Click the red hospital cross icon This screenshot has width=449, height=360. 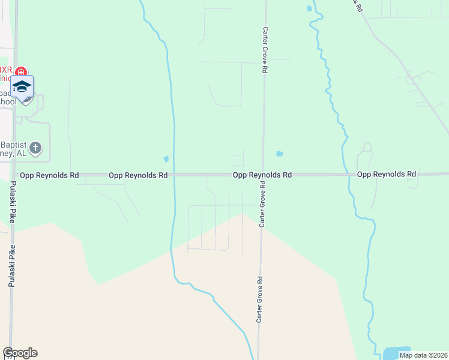click(21, 72)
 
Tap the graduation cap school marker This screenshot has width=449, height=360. click(22, 87)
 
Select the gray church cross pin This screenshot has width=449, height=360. click(35, 147)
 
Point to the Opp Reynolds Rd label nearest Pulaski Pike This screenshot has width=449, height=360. click(49, 175)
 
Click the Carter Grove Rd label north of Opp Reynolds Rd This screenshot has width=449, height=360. click(264, 50)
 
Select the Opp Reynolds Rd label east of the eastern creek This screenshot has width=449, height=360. click(386, 174)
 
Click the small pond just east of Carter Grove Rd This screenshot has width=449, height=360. click(279, 154)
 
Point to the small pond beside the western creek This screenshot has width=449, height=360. click(166, 159)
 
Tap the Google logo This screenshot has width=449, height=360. click(20, 353)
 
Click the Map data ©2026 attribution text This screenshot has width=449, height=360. click(423, 355)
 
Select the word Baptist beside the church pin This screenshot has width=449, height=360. click(14, 145)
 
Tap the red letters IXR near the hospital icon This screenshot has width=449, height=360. click(6, 70)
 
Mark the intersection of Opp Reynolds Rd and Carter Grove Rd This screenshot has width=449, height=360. click(263, 175)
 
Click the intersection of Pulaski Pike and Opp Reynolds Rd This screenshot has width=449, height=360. click(13, 176)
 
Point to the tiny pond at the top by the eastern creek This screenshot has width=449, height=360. click(309, 8)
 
